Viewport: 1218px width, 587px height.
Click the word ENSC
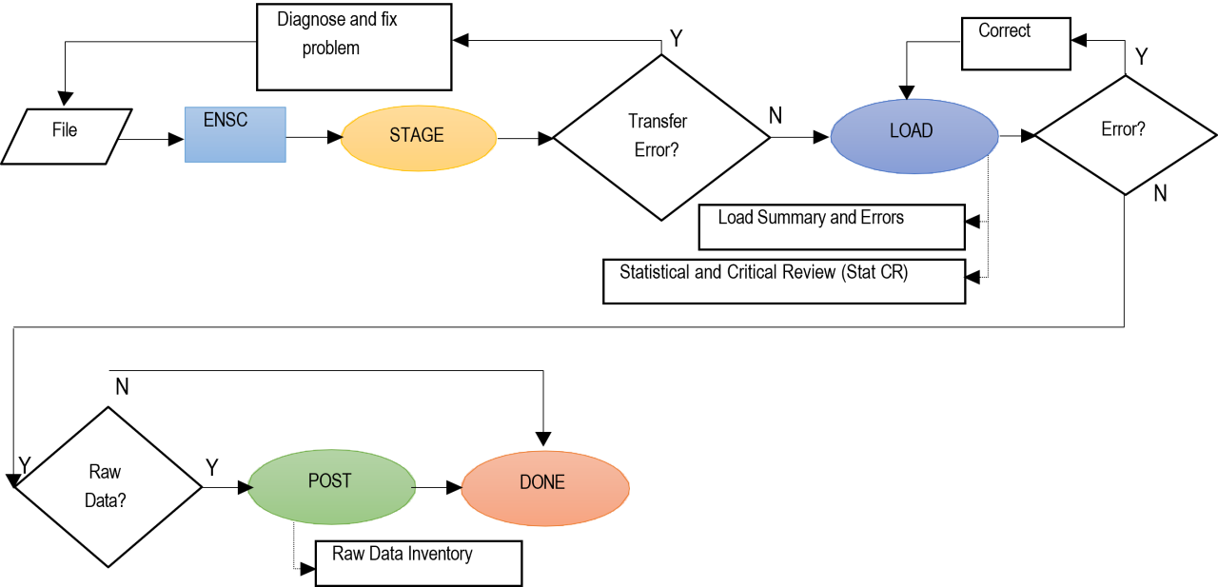(226, 121)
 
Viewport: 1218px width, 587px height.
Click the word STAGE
(417, 135)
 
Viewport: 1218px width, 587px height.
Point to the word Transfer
(658, 122)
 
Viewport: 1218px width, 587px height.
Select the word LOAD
(911, 131)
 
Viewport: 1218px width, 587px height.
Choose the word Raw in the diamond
(105, 472)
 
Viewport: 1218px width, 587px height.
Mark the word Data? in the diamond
(105, 500)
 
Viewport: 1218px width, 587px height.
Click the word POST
(330, 480)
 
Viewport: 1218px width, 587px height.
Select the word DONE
(542, 482)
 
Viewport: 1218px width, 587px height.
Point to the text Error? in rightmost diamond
(1123, 129)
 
